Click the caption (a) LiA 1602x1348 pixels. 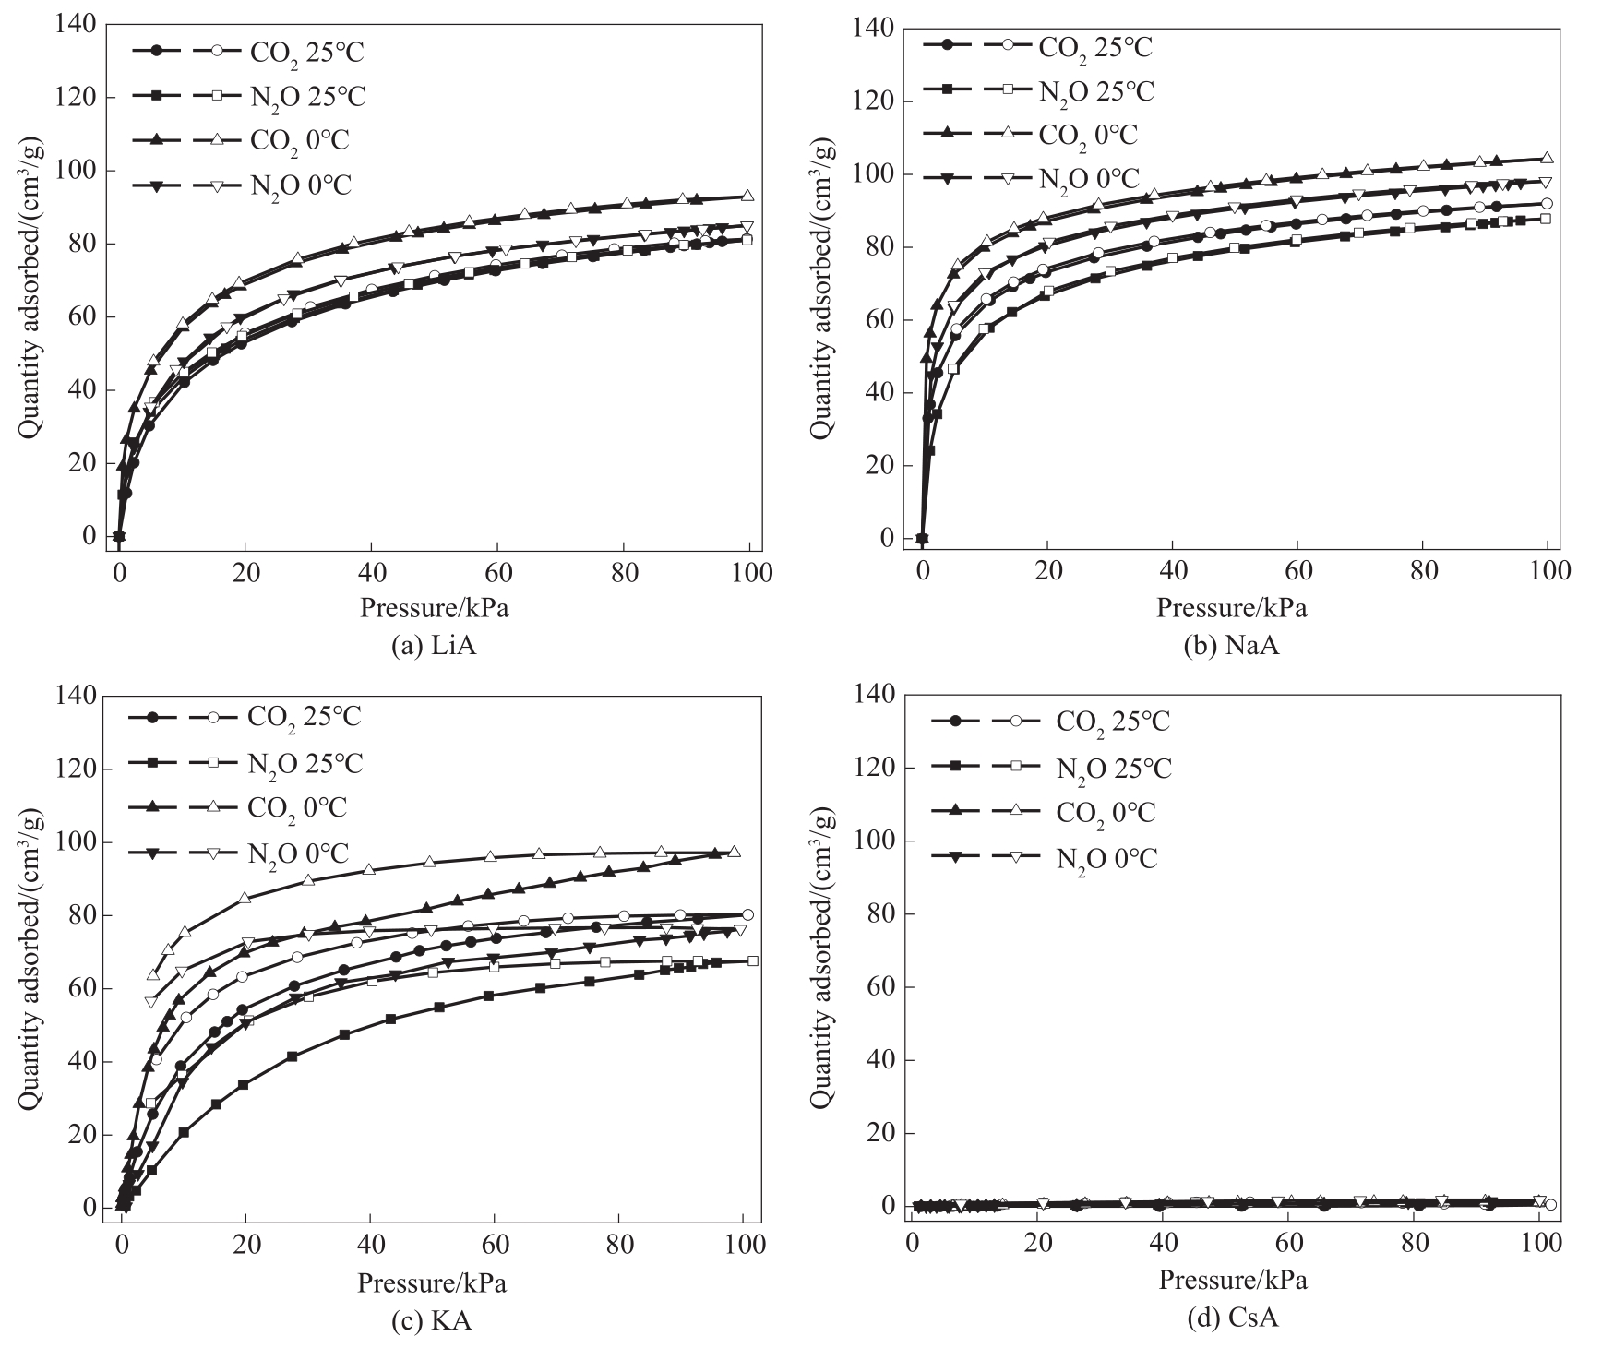pos(434,646)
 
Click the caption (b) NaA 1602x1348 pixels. pos(1231,646)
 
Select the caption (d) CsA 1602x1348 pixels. pos(1231,1321)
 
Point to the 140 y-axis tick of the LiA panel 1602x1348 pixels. pos(76,25)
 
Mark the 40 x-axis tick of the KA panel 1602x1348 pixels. pos(370,1245)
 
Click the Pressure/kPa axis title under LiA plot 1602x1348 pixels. pos(435,608)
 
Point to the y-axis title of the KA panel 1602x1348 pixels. pos(29,951)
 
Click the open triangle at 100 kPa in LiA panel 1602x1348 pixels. pos(747,196)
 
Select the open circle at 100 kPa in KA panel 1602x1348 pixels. pos(747,914)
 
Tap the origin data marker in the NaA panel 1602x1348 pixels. pos(922,538)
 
